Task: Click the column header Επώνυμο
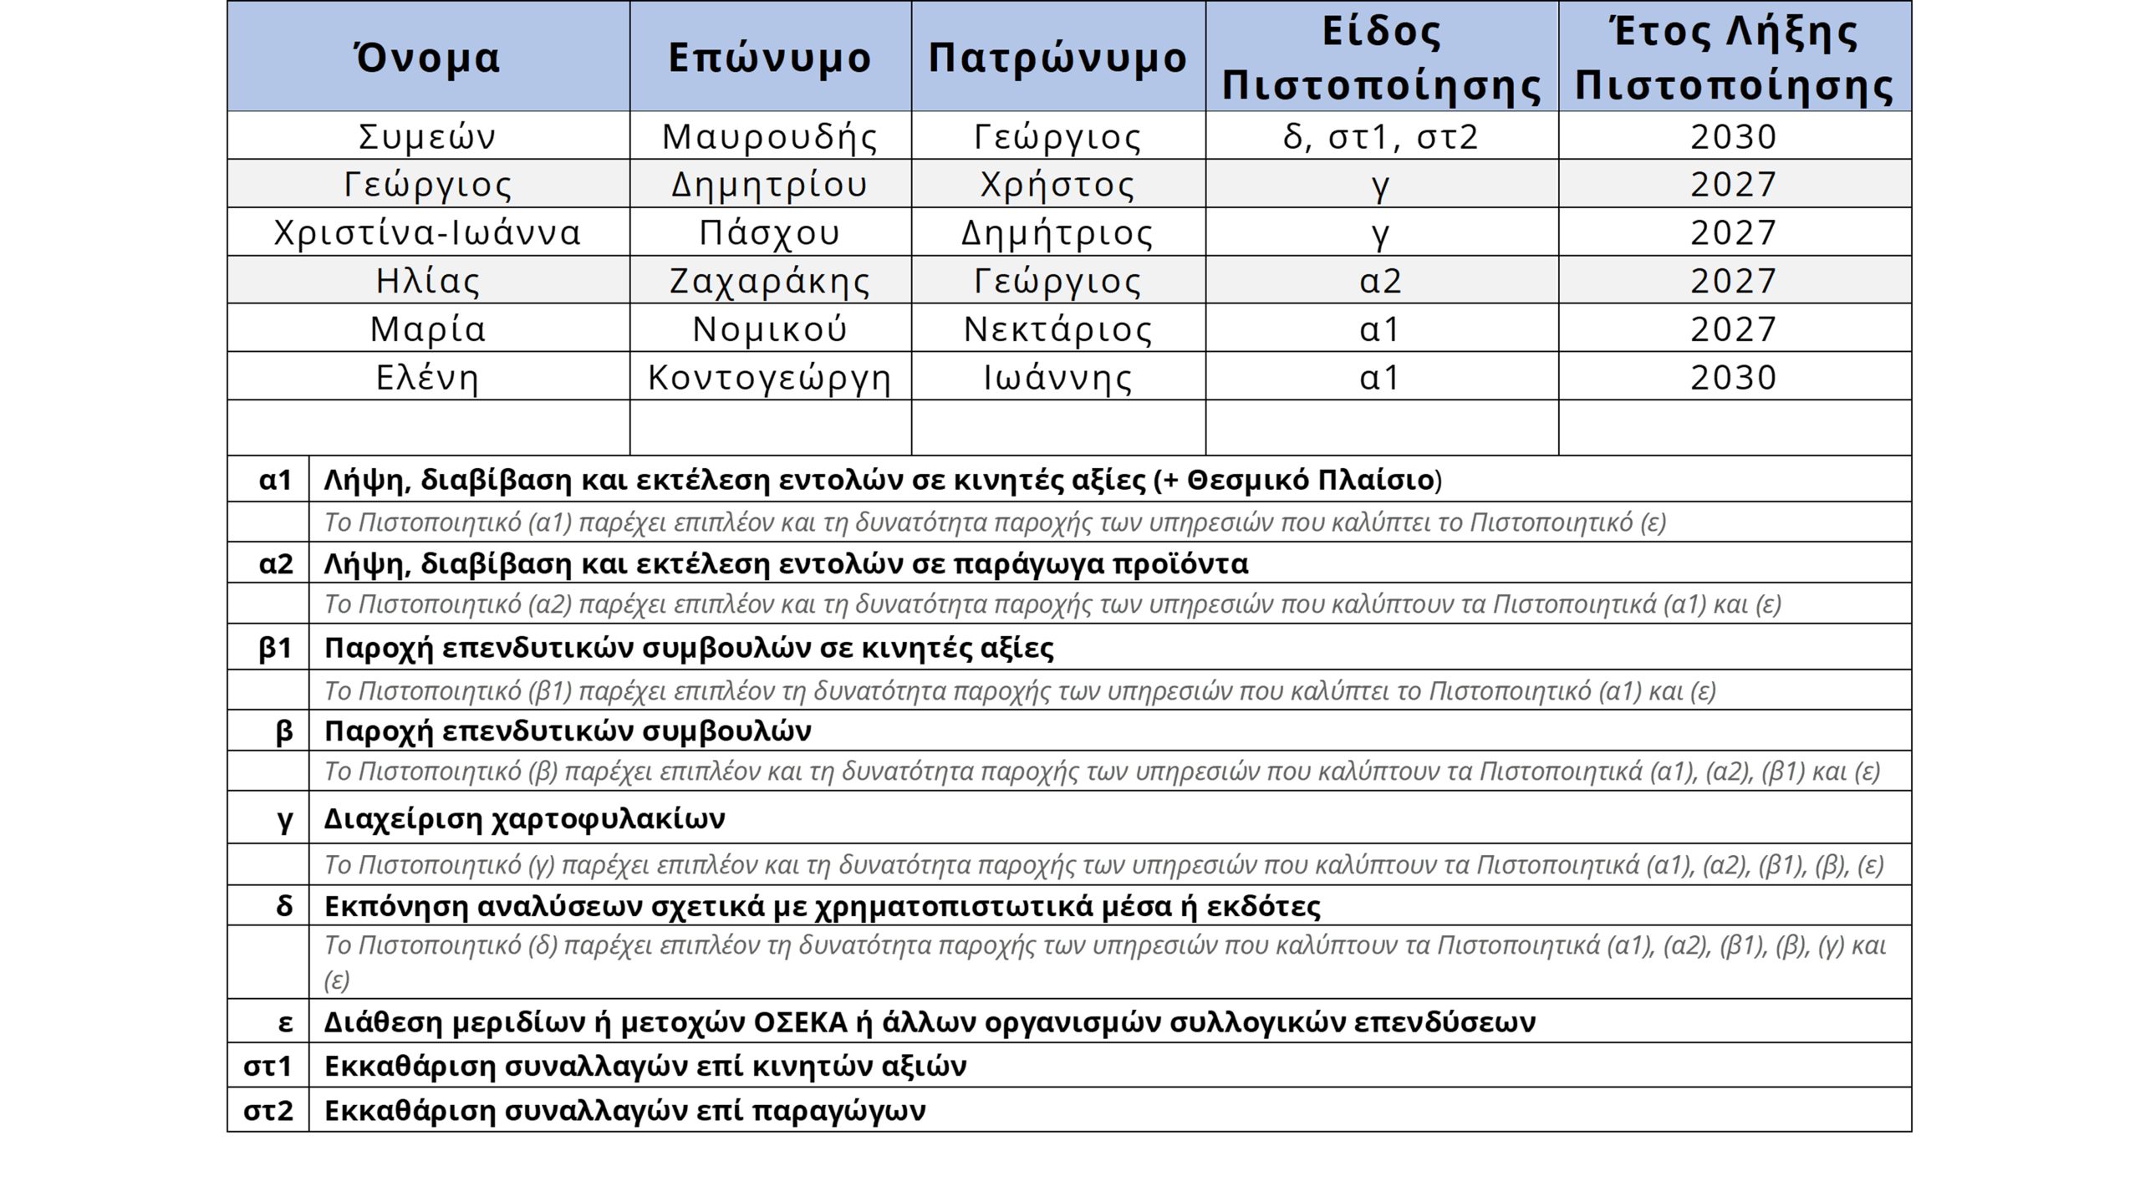click(x=769, y=58)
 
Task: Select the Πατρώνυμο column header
click(x=1057, y=58)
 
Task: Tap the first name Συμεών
click(x=427, y=136)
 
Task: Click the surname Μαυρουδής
click(x=769, y=136)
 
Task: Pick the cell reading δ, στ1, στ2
click(x=1381, y=136)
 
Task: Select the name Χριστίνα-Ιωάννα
click(x=427, y=232)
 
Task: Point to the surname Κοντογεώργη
click(x=769, y=377)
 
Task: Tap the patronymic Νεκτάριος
click(x=1057, y=329)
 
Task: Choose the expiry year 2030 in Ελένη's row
click(x=1734, y=377)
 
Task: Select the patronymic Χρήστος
click(x=1057, y=184)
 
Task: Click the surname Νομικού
click(x=769, y=329)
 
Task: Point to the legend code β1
click(x=275, y=648)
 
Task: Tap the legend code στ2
click(x=268, y=1110)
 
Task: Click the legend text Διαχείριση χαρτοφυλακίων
click(x=524, y=818)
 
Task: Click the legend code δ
click(x=284, y=905)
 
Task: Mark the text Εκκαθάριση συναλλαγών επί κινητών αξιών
click(x=645, y=1066)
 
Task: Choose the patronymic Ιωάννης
click(x=1057, y=377)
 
